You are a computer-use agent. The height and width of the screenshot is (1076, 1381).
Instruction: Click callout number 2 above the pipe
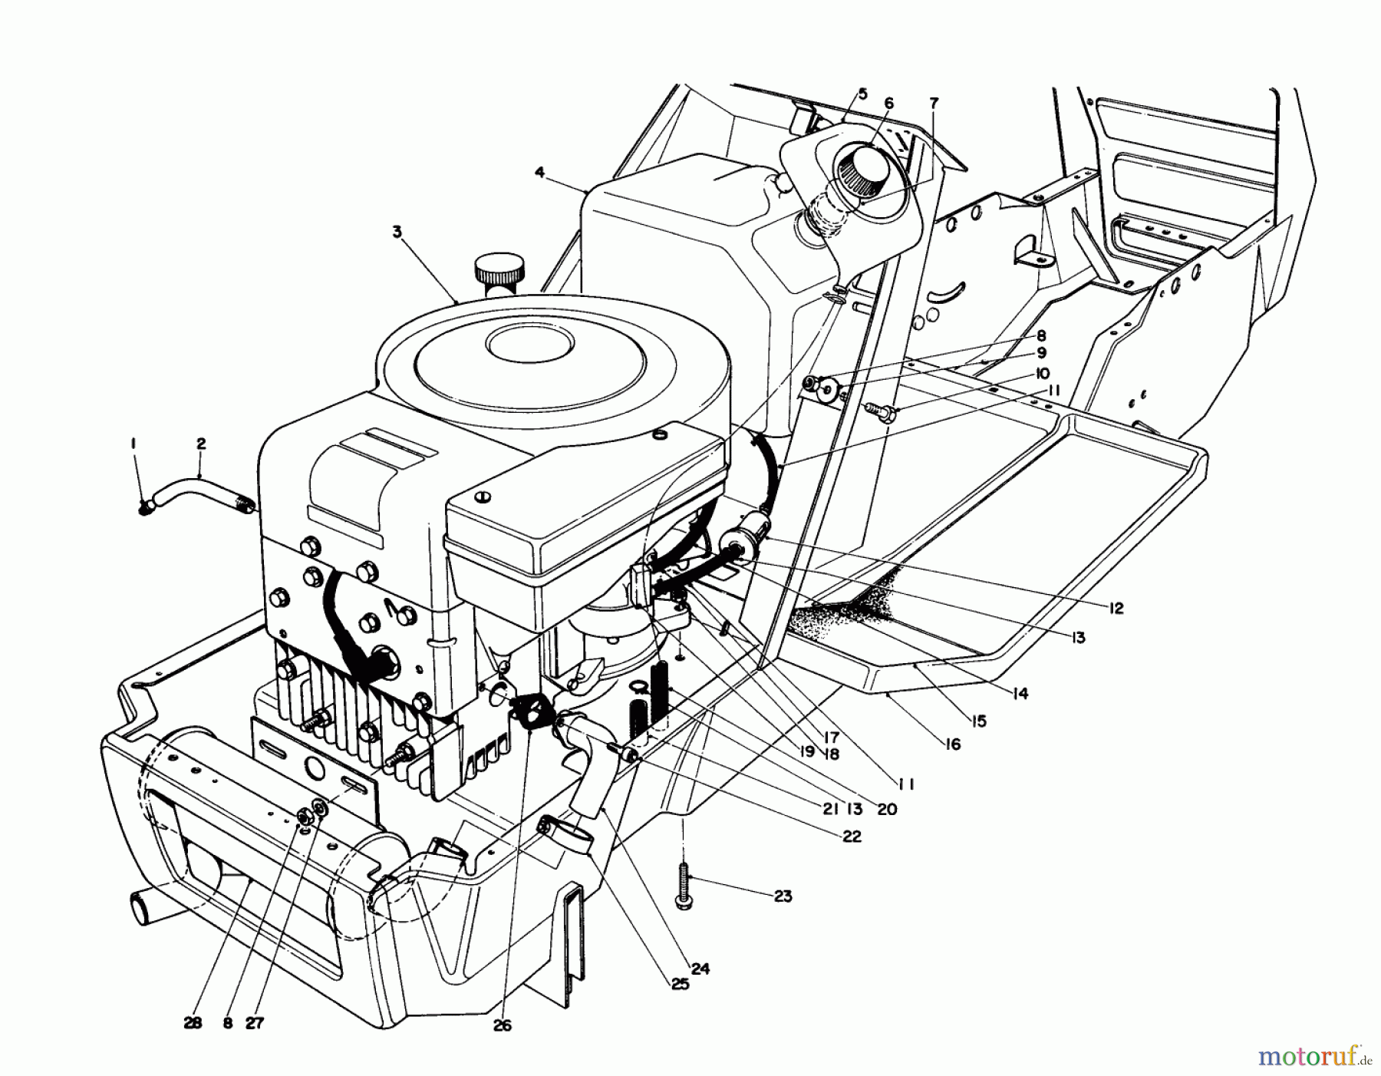pos(201,444)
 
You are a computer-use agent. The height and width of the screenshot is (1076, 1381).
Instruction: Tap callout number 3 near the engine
pos(397,232)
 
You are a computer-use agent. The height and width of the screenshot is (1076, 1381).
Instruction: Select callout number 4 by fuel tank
pos(540,173)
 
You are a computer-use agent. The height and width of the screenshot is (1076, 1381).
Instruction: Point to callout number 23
pos(782,896)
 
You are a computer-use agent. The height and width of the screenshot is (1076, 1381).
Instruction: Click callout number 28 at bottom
pos(193,1023)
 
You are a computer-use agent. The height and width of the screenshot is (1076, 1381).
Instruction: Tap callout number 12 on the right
pos(1116,609)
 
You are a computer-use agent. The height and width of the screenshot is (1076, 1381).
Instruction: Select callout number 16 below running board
pos(953,744)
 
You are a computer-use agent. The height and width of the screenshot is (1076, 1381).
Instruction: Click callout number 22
pos(851,837)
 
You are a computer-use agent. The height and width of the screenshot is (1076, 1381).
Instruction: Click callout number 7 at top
pos(933,103)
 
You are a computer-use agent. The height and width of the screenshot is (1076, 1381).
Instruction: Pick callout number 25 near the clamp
pos(679,984)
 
